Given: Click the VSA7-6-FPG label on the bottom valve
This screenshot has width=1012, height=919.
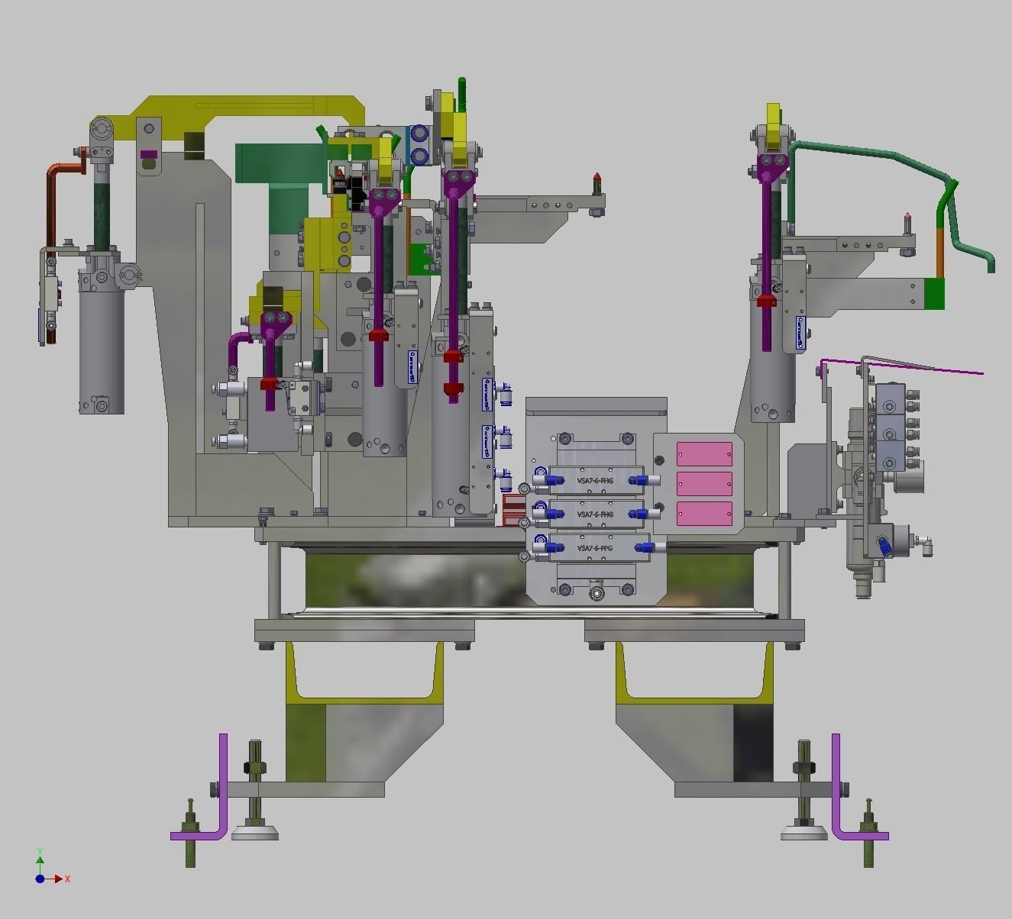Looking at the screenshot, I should [x=595, y=549].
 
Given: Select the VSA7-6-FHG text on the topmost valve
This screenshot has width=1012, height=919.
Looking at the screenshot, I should [x=595, y=481].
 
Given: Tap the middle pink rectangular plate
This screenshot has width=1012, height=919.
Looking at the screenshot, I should [x=704, y=484].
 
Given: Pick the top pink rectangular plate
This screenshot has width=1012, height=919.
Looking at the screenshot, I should [x=704, y=454].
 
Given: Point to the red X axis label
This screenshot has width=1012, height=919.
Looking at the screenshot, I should [x=67, y=879].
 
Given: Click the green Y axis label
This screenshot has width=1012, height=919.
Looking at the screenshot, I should [x=40, y=851].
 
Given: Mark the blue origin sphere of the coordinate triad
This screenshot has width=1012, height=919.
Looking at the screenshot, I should [x=40, y=879].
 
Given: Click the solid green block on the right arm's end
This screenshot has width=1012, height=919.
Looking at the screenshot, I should [x=934, y=294].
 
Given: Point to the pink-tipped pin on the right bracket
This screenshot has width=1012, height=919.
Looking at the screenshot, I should [x=907, y=223].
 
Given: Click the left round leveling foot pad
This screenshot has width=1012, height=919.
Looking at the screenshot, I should [x=254, y=833].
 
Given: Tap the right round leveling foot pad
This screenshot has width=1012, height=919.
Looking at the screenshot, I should [x=803, y=833].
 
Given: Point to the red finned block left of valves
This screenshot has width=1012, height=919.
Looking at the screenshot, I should [x=514, y=510].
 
